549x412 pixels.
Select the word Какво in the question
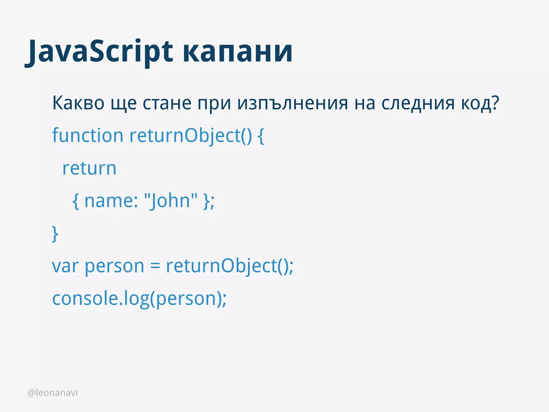click(78, 103)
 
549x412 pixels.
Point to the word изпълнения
click(293, 103)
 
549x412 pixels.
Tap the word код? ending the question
click(480, 103)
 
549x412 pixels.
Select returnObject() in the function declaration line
click(191, 136)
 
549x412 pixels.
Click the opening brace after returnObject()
click(261, 136)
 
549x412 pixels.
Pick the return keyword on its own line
click(89, 169)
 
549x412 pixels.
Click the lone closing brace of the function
click(55, 234)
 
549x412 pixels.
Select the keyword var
click(65, 266)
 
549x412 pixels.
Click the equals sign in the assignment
click(155, 266)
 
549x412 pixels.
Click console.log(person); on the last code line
click(139, 299)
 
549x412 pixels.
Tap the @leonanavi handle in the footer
click(53, 393)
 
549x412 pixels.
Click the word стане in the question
click(167, 103)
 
